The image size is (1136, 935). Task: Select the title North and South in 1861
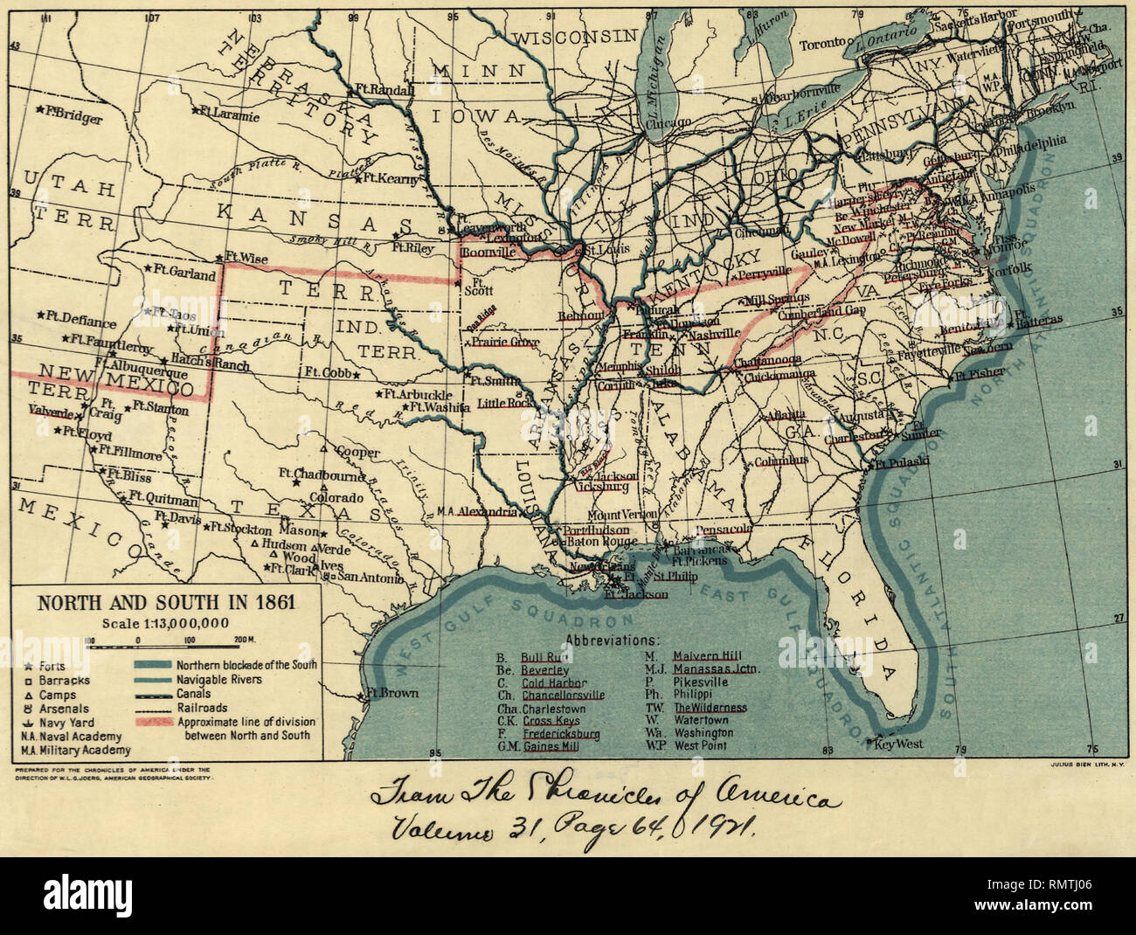pyautogui.click(x=164, y=603)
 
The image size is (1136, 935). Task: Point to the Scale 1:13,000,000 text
pyautogui.click(x=165, y=623)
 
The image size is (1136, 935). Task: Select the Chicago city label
pyautogui.click(x=668, y=124)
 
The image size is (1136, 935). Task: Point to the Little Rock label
pyautogui.click(x=504, y=404)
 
